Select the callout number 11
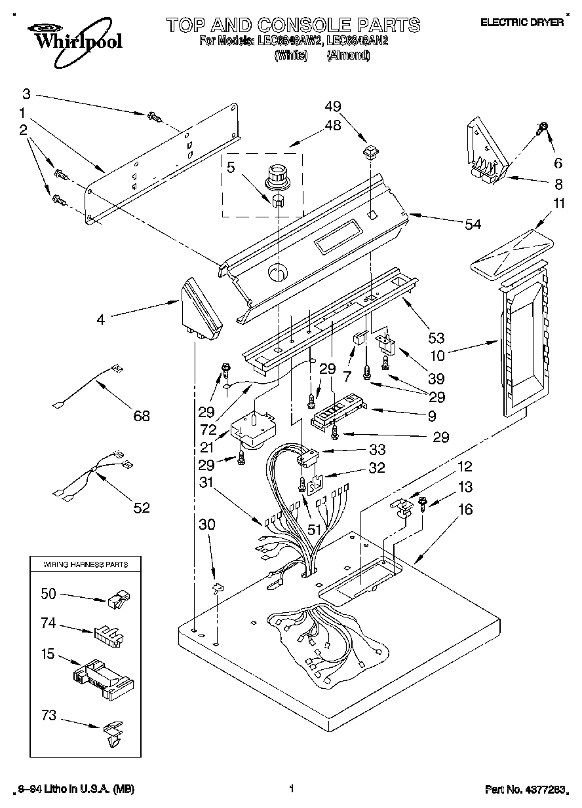coord(558,204)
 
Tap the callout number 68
coord(141,415)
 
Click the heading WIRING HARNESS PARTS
coord(85,564)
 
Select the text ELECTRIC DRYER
coord(522,22)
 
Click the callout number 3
coord(27,93)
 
